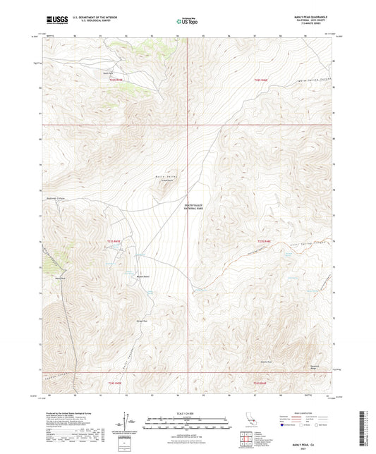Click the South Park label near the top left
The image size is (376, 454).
pyautogui.click(x=107, y=73)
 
